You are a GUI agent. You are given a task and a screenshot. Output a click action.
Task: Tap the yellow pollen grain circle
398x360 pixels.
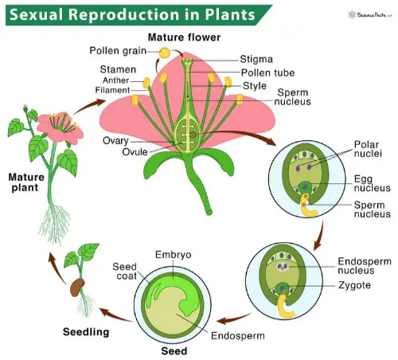(164, 53)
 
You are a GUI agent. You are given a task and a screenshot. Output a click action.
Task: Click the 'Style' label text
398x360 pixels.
(255, 85)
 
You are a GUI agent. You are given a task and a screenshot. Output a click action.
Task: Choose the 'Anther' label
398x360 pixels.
(118, 81)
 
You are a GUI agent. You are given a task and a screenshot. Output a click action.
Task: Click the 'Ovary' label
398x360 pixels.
(116, 140)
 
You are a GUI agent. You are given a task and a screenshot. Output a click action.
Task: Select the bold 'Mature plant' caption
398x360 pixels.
(28, 182)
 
